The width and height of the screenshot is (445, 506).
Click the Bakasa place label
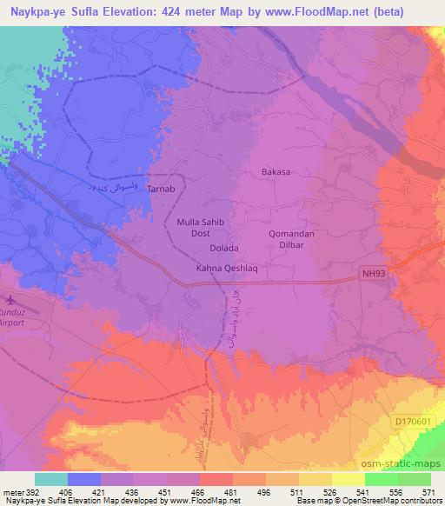pos(276,172)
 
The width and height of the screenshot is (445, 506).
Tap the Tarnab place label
pos(161,190)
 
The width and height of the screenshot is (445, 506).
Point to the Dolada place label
pos(224,248)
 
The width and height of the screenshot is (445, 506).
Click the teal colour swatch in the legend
pos(51,478)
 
